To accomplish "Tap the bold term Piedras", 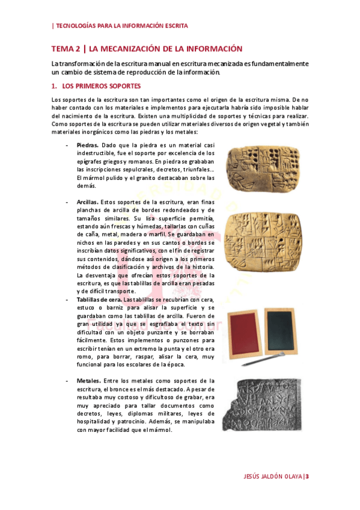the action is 88,146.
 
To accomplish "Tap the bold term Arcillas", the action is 88,203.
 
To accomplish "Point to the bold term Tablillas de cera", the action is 100,299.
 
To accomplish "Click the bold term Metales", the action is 89,381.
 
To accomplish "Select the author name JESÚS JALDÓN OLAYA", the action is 268,476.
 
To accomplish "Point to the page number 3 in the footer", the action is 307,476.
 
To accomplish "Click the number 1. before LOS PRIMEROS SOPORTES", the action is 54,86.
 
